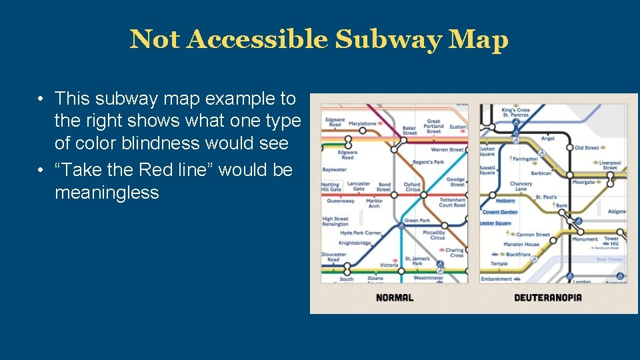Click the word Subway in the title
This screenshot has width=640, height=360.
tap(388, 40)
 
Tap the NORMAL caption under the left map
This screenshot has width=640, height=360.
tap(395, 297)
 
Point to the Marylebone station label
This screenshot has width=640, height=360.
tap(363, 123)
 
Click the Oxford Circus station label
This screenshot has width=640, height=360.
tap(412, 187)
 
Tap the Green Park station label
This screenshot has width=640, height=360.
tap(417, 221)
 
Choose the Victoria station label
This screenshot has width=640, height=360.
tap(389, 265)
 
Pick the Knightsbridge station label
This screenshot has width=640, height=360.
tap(355, 243)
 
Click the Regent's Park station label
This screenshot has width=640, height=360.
tap(428, 163)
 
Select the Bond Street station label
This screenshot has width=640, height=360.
tap(384, 187)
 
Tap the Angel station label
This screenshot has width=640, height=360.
tap(548, 139)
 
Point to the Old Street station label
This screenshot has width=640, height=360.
tap(587, 148)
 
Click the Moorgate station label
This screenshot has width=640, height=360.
tap(584, 181)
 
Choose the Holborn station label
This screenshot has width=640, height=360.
tap(506, 201)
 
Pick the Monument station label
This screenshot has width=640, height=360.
tap(585, 239)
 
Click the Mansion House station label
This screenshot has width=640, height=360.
tap(522, 245)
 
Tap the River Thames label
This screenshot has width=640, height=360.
tap(609, 259)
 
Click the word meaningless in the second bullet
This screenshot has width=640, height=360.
tap(107, 193)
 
